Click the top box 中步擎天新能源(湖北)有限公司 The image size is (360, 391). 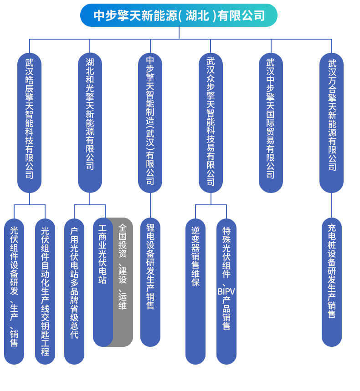click(x=179, y=15)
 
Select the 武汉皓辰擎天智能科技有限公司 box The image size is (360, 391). click(x=30, y=123)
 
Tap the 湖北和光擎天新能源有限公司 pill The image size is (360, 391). click(x=90, y=123)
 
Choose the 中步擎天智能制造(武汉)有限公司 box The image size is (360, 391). click(x=150, y=123)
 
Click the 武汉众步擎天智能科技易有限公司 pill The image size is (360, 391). click(x=211, y=123)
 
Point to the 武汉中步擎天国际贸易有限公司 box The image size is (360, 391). click(x=271, y=123)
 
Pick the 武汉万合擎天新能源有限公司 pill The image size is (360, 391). click(x=332, y=123)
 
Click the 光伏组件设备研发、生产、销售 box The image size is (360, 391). click(x=14, y=291)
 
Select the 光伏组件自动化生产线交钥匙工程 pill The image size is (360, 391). click(x=45, y=291)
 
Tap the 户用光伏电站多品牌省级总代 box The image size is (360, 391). click(x=74, y=291)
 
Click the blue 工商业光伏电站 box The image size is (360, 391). click(x=103, y=282)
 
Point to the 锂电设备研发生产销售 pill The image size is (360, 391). click(x=150, y=282)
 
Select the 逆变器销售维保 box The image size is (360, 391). click(x=195, y=291)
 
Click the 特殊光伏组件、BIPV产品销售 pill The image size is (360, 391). click(x=226, y=291)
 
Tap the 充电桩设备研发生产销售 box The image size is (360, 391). click(x=332, y=282)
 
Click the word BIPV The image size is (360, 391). click(x=226, y=291)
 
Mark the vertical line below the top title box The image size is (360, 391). click(x=179, y=33)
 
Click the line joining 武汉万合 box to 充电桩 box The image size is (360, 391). click(x=332, y=205)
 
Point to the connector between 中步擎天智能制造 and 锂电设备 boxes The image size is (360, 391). click(x=150, y=205)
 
